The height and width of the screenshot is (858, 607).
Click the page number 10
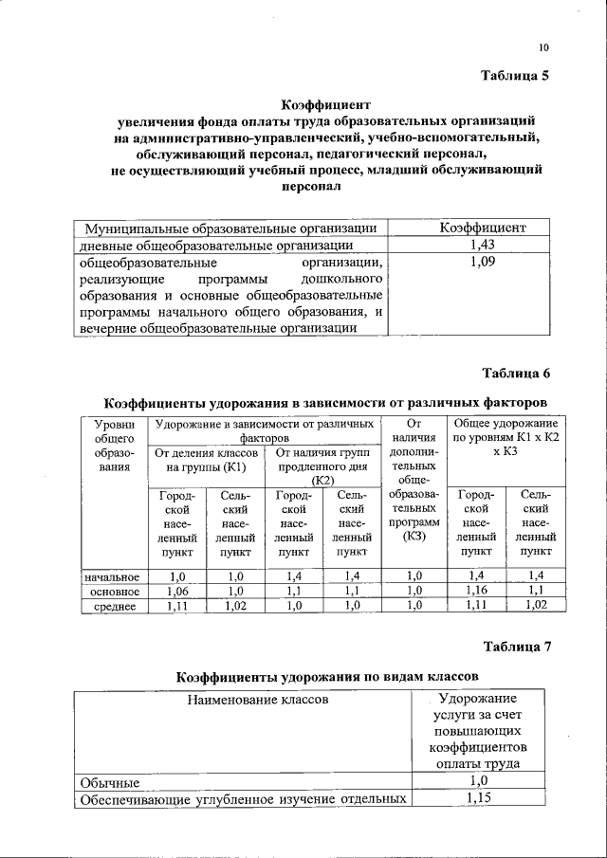tap(543, 46)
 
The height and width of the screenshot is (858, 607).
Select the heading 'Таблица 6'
tap(515, 371)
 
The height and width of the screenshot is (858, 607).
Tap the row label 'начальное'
tap(113, 575)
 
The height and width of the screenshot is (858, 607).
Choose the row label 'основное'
tap(114, 590)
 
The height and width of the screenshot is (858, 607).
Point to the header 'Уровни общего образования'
tap(113, 445)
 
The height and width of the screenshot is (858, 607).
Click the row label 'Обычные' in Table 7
tap(110, 783)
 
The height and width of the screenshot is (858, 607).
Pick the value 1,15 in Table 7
tap(479, 799)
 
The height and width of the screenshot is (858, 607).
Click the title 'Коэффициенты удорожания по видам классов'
tap(327, 677)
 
